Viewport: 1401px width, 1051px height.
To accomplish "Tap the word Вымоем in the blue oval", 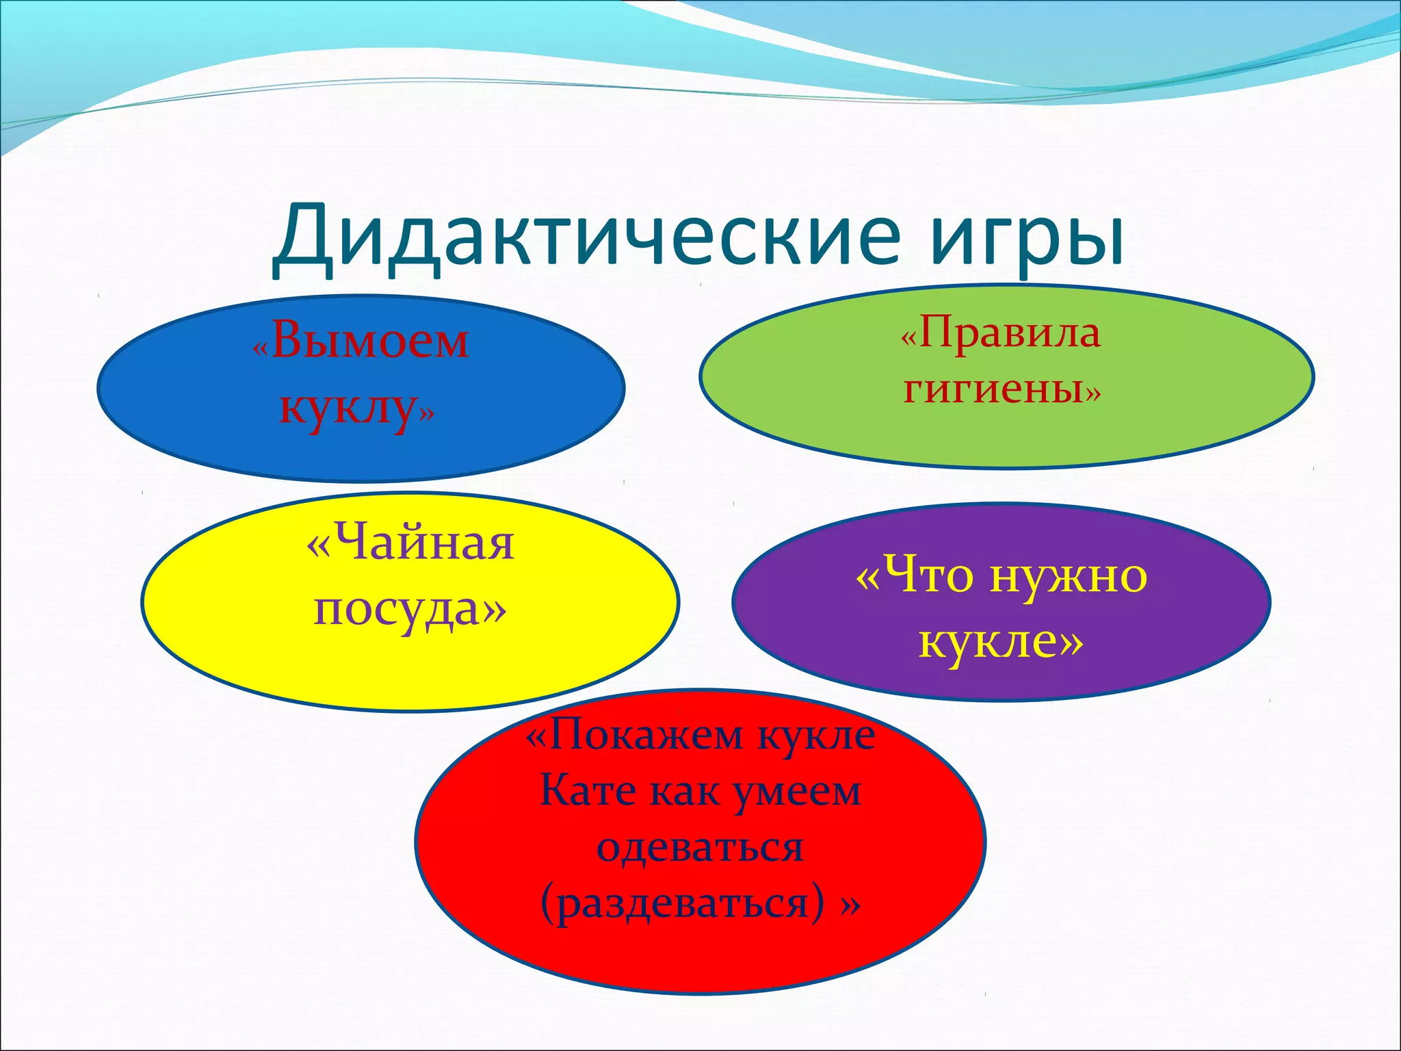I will tap(370, 340).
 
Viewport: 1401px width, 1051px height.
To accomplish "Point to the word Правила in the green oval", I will tap(1010, 333).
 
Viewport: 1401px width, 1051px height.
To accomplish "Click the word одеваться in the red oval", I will tap(700, 847).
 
